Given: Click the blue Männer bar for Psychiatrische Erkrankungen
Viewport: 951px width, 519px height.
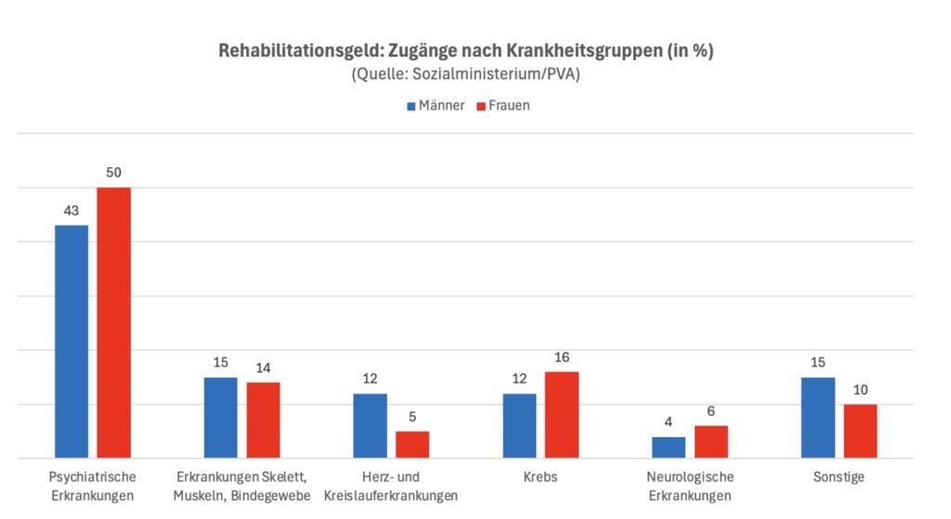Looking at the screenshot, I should point(72,342).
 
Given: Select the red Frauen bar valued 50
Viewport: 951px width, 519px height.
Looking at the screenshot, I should point(114,323).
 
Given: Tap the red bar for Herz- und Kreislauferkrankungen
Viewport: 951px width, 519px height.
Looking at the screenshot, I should point(412,445).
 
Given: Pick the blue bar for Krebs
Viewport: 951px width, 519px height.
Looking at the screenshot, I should point(519,426).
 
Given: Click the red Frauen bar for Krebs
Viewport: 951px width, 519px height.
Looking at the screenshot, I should point(562,415).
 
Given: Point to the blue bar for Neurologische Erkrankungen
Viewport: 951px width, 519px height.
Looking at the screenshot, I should point(669,448).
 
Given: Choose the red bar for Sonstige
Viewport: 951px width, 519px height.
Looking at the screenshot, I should point(860,432).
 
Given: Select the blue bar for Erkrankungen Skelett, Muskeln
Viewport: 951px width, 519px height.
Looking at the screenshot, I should point(221,418).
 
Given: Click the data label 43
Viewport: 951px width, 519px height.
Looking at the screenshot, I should point(72,211).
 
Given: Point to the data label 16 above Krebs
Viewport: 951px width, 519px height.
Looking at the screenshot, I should point(562,357).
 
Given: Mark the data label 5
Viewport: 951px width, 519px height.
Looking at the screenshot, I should point(412,417).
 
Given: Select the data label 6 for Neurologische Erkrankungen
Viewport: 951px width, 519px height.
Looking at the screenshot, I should point(711,411).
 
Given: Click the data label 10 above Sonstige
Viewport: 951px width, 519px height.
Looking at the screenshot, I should point(860,390).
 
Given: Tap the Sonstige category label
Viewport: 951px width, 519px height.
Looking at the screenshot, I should point(839,477).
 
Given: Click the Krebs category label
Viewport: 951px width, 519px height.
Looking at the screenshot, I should point(541,477).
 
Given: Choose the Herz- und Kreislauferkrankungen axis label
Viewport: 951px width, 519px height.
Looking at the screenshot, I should point(391,487).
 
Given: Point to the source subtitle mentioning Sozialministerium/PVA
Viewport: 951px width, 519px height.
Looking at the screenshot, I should point(465,75).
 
